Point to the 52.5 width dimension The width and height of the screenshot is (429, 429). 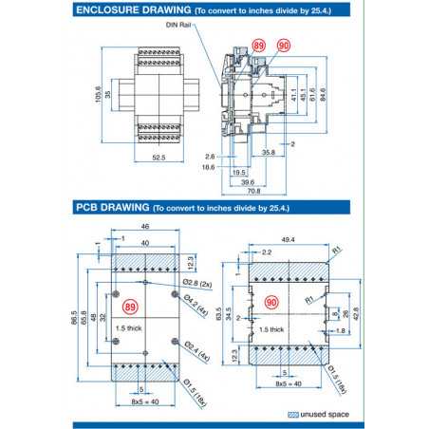coord(158,158)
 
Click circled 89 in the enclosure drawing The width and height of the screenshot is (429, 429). coord(259,46)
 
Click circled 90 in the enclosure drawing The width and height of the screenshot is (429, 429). coord(283,46)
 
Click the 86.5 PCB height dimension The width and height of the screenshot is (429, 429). coord(74,319)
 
